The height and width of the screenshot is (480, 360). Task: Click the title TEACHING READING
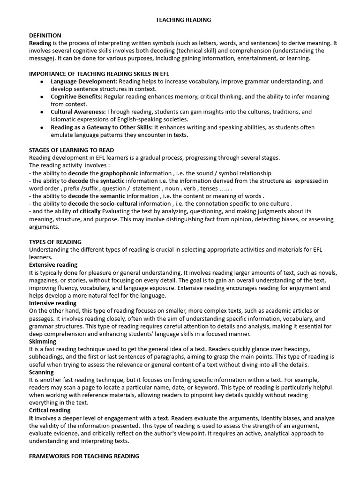tap(183, 20)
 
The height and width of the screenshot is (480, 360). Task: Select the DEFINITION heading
tap(45, 35)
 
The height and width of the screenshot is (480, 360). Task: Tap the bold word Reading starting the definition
tap(40, 43)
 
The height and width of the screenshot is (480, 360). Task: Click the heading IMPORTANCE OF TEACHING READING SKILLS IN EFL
tap(99, 74)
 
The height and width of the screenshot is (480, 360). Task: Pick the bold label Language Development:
tap(84, 81)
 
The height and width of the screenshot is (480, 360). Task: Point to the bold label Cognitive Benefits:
tap(77, 97)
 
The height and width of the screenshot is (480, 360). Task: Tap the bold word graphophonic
tap(119, 173)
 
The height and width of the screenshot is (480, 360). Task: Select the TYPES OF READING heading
tap(55, 242)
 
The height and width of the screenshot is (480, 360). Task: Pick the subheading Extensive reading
tap(53, 265)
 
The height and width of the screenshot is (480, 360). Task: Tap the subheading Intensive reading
tap(52, 303)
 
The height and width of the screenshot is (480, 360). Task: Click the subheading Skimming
tap(43, 342)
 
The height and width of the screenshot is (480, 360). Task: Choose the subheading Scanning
tap(41, 372)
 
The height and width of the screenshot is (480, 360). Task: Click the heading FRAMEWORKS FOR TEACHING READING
tap(84, 456)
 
